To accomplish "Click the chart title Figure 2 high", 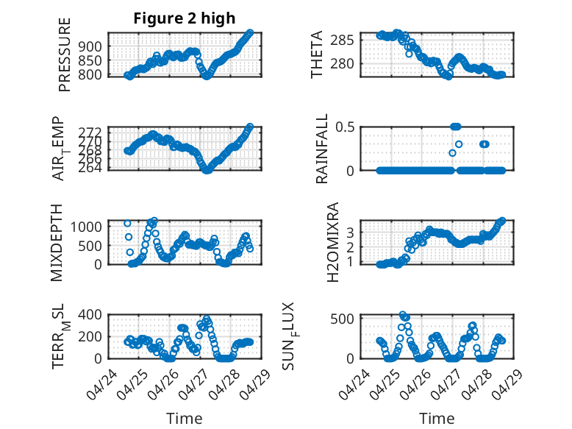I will click(184, 18).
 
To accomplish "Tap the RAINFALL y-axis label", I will click(322, 149).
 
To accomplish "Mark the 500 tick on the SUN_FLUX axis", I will click(347, 318).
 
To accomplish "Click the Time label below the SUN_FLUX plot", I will click(437, 418).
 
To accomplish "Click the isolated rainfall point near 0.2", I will click(453, 152).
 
